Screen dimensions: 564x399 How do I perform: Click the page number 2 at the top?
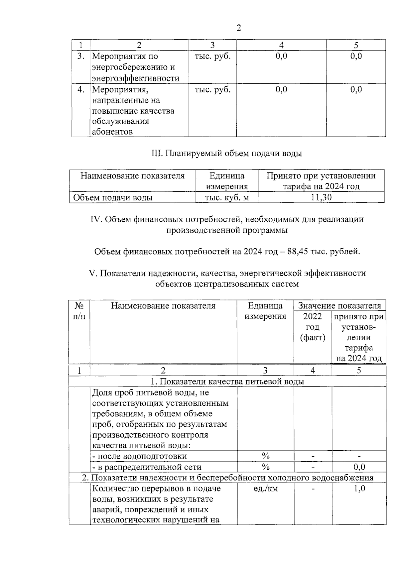tap(238, 28)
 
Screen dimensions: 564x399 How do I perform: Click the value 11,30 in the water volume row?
tap(321, 197)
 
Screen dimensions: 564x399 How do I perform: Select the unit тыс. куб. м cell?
tap(227, 198)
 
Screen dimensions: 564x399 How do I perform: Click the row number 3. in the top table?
tap(81, 56)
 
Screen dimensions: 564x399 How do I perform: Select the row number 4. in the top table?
tap(81, 89)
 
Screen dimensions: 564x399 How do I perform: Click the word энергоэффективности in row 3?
tap(136, 78)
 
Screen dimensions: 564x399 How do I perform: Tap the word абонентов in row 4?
tap(112, 132)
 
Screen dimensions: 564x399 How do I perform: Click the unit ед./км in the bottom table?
tap(265, 488)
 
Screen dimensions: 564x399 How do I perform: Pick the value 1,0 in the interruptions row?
tap(359, 488)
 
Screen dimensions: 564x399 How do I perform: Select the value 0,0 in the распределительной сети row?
tap(359, 467)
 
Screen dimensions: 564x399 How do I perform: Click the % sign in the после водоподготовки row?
tap(265, 456)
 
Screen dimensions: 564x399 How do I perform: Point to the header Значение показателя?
tap(339, 305)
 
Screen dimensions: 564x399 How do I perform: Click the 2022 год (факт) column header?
tap(312, 327)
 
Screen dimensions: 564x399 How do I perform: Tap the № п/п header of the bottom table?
tap(79, 311)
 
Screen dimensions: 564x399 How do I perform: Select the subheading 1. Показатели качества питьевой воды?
tap(227, 381)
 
